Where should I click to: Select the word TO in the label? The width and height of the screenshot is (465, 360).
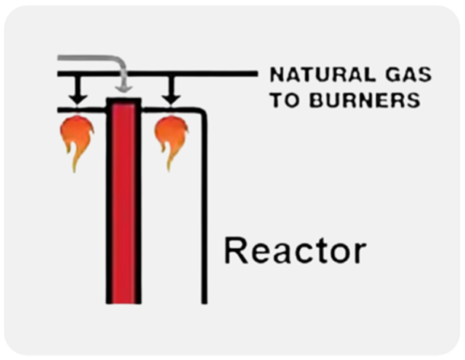coord(283,99)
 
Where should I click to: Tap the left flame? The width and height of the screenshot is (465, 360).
coord(76,138)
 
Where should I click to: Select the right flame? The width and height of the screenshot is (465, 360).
coord(171,138)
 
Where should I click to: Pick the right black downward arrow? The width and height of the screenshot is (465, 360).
coord(172,92)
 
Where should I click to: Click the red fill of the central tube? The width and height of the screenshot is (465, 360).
coord(124,205)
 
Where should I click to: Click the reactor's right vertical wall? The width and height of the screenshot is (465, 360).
coord(204,213)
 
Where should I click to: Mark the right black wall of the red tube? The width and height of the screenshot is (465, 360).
coord(139,205)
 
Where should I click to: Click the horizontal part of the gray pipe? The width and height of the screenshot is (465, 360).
coord(88,59)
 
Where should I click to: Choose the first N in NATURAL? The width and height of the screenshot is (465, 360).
coord(275,75)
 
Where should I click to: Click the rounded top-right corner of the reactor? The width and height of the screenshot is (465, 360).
coord(200,113)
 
